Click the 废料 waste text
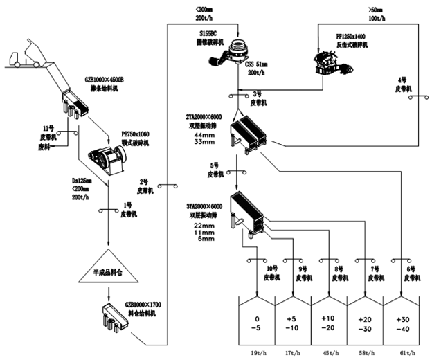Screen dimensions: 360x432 point(44,147)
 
